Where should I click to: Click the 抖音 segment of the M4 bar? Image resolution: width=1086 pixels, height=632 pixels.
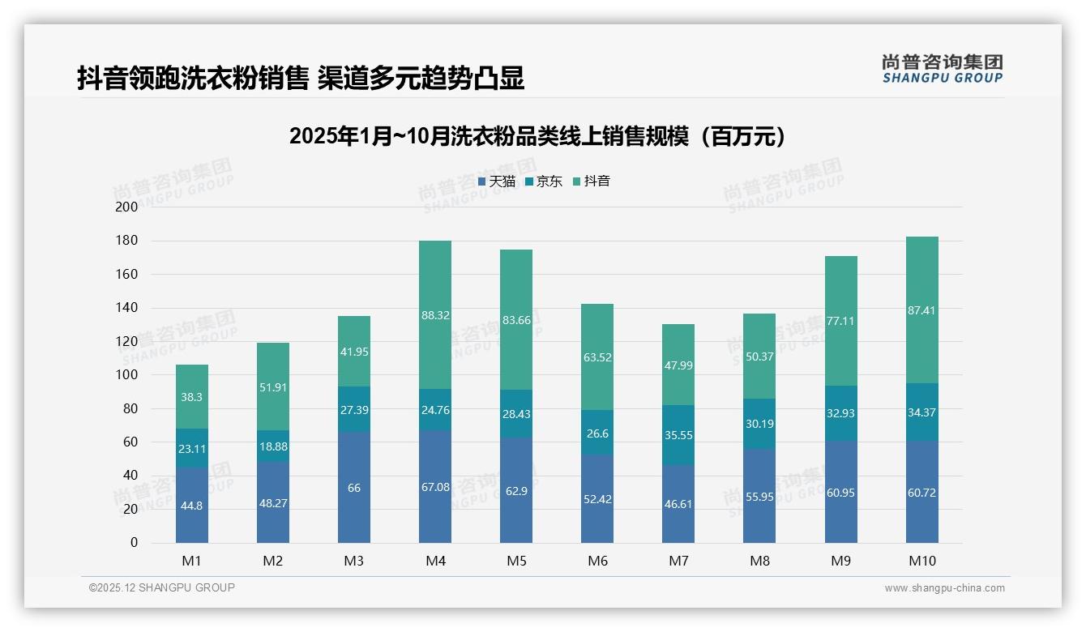click(x=435, y=315)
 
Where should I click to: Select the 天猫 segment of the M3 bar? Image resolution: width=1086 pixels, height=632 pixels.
click(x=354, y=488)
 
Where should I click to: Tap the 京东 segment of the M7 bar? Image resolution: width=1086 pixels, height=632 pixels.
click(x=678, y=435)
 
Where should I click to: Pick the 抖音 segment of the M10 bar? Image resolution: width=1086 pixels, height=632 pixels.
click(x=922, y=310)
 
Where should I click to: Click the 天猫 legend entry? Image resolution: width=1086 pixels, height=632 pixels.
click(x=497, y=181)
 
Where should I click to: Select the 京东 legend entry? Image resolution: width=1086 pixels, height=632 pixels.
click(x=544, y=181)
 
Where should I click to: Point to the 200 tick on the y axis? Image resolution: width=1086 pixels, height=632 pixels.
click(x=127, y=207)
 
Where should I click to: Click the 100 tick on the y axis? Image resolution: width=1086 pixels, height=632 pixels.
click(x=127, y=375)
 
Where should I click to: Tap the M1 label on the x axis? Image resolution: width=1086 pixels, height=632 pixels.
click(x=192, y=561)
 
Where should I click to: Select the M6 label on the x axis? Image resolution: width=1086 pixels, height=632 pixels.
click(x=597, y=561)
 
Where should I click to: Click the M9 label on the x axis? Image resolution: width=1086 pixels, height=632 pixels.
click(x=840, y=561)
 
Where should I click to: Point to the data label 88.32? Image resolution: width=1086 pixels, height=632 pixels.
click(x=435, y=315)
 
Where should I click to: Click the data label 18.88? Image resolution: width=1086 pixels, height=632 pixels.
click(x=273, y=446)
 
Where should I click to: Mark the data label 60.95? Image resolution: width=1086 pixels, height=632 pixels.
click(x=840, y=493)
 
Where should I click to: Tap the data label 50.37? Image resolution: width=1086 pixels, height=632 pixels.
click(x=759, y=357)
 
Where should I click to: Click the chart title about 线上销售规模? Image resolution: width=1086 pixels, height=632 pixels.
click(x=537, y=136)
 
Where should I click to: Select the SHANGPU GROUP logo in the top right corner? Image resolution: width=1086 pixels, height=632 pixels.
click(x=942, y=69)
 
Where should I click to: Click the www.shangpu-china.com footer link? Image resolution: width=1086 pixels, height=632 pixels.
click(x=944, y=588)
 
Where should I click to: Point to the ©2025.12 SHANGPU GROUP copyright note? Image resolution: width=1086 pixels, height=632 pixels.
click(x=162, y=587)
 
